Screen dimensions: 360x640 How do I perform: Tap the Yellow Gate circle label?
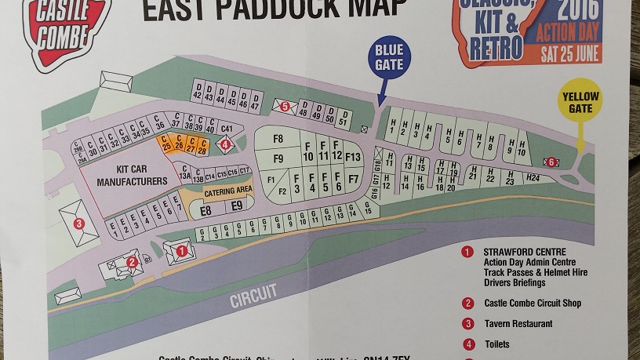tap(580, 102)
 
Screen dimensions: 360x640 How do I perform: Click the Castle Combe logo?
tap(66, 28)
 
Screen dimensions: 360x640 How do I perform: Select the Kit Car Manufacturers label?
tap(132, 176)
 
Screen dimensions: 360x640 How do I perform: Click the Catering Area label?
tap(228, 191)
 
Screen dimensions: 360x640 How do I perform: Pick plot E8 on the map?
tap(206, 210)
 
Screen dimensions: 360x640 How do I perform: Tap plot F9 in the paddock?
tap(278, 159)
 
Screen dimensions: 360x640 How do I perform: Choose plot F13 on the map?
tap(353, 158)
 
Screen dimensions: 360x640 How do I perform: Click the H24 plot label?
tap(533, 179)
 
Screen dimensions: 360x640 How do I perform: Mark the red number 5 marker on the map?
tap(285, 106)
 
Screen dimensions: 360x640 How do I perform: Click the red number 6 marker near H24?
tap(551, 162)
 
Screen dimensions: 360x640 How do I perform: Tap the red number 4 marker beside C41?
tap(226, 144)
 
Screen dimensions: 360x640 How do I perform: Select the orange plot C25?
tap(165, 144)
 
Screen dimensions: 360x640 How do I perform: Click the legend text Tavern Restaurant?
tap(518, 323)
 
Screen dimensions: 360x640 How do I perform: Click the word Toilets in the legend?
tap(496, 344)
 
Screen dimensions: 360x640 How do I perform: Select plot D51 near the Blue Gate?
tap(343, 118)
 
